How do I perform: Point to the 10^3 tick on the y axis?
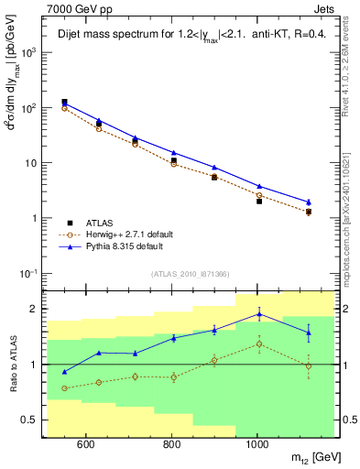(x=32, y=53)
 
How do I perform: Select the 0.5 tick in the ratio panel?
(x=33, y=420)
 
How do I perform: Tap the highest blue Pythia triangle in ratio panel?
(x=259, y=313)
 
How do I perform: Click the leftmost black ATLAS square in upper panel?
(x=64, y=103)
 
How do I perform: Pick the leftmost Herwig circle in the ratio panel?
(x=64, y=388)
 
